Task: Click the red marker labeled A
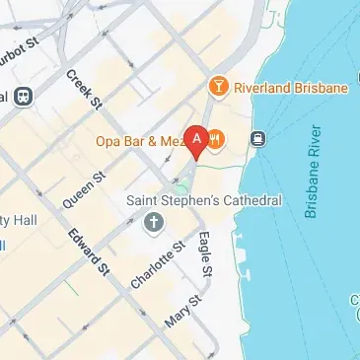(196, 142)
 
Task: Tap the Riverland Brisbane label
(292, 88)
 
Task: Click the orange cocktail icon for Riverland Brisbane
(218, 88)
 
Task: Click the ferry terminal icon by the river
(258, 138)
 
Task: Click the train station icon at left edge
(23, 97)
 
